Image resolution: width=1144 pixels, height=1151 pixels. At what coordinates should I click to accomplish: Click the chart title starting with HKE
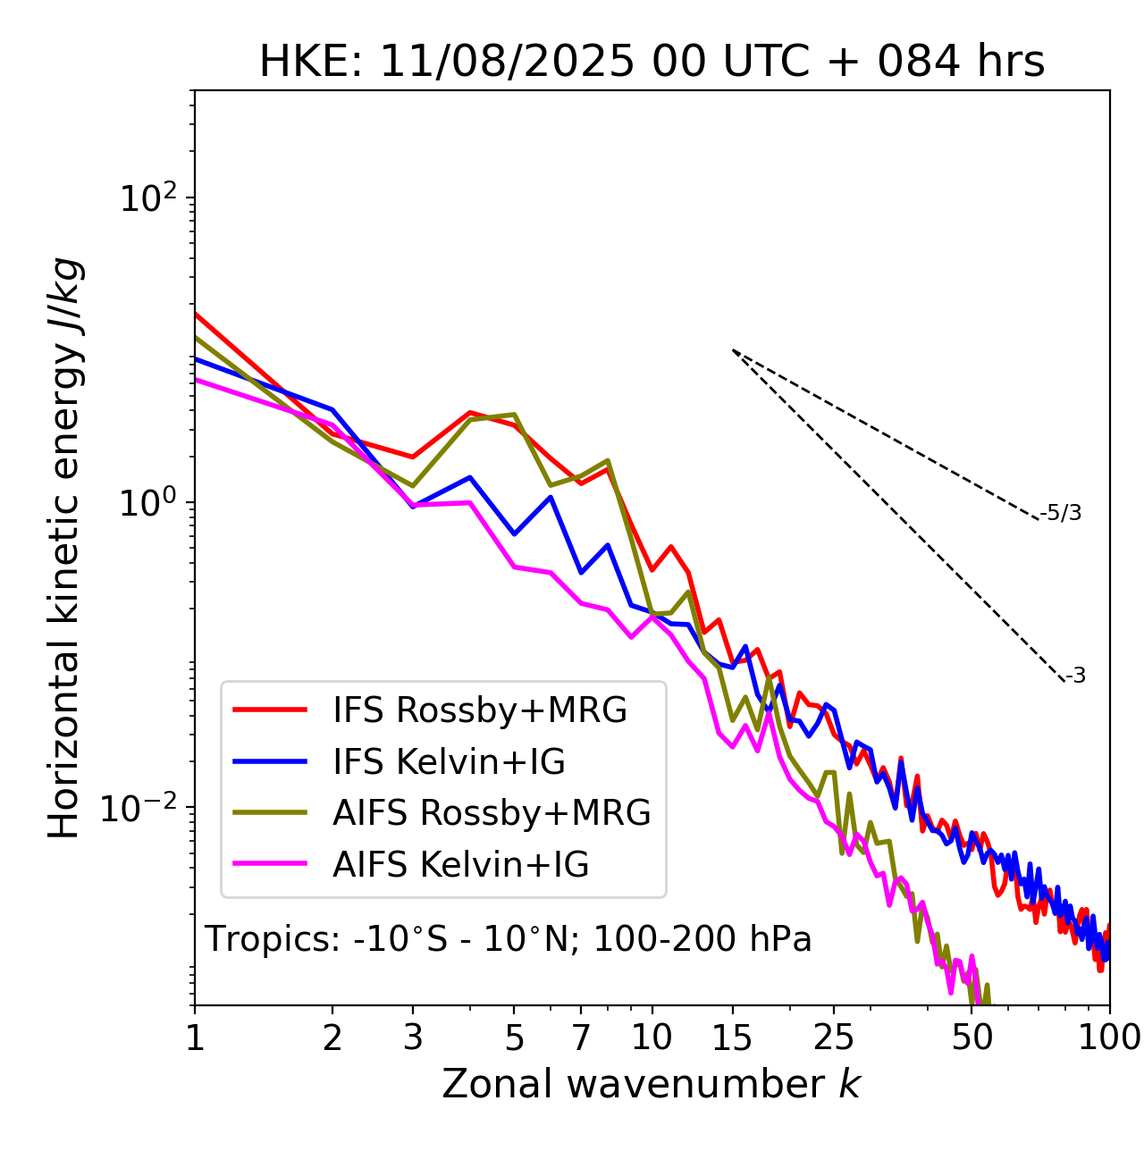(652, 63)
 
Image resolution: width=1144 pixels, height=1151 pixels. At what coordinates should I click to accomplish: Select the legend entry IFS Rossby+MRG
(479, 710)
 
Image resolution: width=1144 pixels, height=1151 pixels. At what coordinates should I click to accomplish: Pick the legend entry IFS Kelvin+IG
(449, 762)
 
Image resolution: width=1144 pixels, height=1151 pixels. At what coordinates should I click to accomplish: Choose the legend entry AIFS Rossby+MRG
(492, 813)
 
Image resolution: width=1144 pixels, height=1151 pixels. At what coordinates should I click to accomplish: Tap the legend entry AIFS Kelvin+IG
(460, 865)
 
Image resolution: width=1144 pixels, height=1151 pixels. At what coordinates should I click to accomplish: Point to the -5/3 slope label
(1061, 514)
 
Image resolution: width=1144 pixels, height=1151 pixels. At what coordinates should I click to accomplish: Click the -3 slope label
(1075, 676)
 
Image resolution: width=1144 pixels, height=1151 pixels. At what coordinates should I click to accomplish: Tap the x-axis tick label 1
(195, 1038)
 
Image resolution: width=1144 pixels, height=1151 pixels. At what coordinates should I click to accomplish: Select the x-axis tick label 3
(413, 1038)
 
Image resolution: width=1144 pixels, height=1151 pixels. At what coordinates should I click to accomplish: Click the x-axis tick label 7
(581, 1038)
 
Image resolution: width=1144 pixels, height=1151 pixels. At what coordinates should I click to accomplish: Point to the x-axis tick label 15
(733, 1038)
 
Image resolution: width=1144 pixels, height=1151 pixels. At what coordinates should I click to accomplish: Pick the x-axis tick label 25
(834, 1038)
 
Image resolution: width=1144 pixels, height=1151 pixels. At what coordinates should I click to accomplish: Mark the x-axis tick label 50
(972, 1038)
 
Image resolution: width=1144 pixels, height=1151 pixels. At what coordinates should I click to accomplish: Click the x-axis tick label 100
(1109, 1038)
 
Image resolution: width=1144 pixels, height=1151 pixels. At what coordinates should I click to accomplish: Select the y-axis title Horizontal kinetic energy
(64, 547)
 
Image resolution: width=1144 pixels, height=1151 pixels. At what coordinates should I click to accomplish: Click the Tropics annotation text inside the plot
(508, 940)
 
